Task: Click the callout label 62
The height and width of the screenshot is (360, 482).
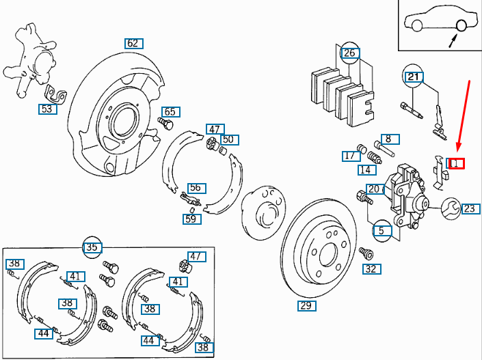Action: (133, 43)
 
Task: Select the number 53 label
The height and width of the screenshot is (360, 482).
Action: (46, 109)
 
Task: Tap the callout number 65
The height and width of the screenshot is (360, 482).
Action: (170, 112)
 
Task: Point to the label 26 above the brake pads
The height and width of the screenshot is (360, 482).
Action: (349, 53)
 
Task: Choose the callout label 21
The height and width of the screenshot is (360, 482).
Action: (413, 77)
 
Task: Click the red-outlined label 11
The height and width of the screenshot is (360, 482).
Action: (455, 163)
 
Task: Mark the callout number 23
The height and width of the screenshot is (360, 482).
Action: (469, 208)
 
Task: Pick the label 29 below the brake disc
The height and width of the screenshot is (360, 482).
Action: (307, 305)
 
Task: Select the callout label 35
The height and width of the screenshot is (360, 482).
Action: (92, 247)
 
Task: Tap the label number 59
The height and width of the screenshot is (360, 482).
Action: (191, 219)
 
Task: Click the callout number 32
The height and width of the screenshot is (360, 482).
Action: (370, 268)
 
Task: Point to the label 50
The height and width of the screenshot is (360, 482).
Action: (228, 139)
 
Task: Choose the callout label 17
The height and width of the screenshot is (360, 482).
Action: (349, 156)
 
